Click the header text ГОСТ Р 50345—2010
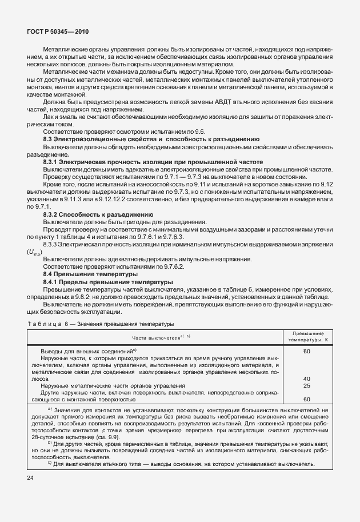pos(57,32)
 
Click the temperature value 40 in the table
pos(307,378)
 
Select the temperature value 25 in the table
pos(307,385)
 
